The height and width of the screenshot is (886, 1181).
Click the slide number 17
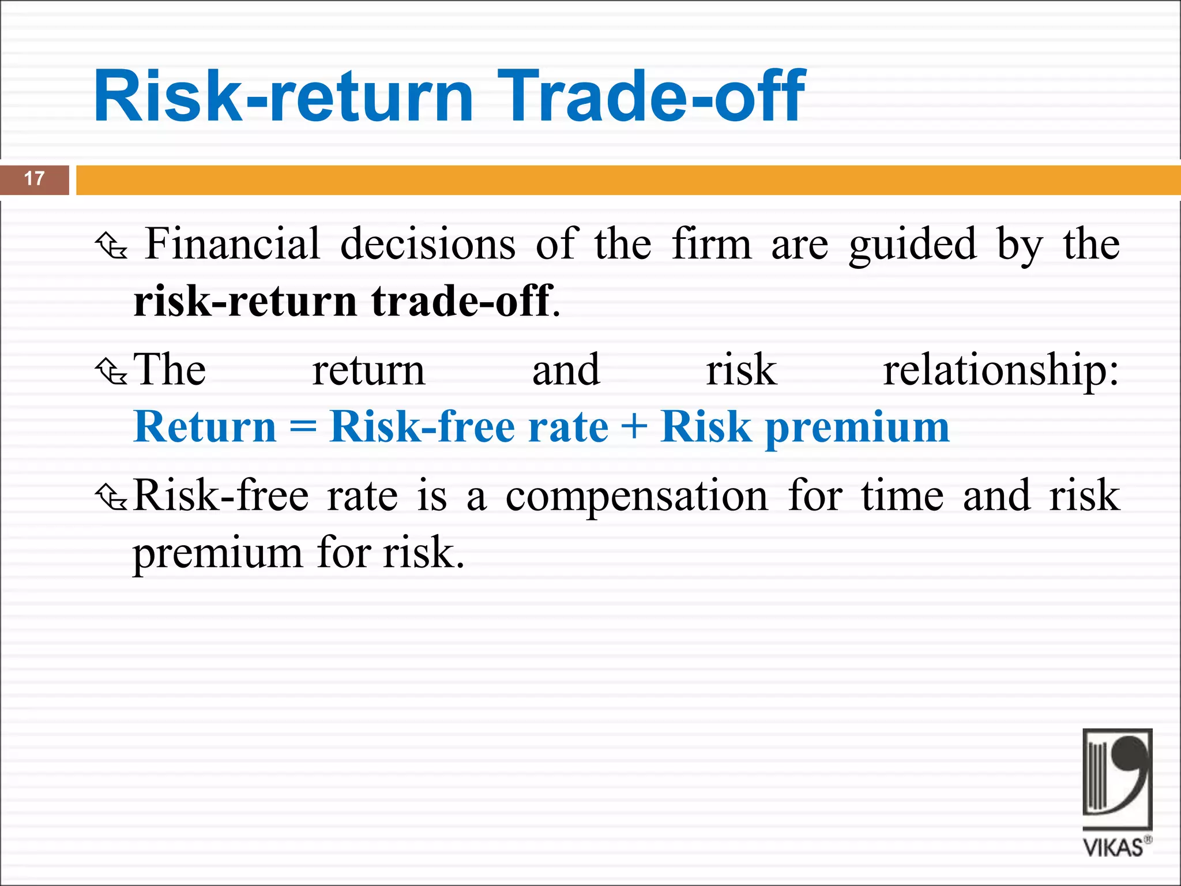pyautogui.click(x=35, y=179)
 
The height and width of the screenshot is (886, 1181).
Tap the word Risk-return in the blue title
pyautogui.click(x=283, y=96)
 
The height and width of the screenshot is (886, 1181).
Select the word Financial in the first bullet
pyautogui.click(x=232, y=244)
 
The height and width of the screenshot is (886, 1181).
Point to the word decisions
pyautogui.click(x=428, y=244)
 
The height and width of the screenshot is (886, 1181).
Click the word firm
pyautogui.click(x=712, y=244)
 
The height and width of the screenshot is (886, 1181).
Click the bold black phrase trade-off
pyautogui.click(x=462, y=301)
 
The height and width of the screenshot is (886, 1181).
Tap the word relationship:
pyautogui.click(x=1001, y=371)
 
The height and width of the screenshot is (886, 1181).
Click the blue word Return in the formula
pyautogui.click(x=205, y=427)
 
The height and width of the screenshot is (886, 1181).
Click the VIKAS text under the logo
pyautogui.click(x=1114, y=848)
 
